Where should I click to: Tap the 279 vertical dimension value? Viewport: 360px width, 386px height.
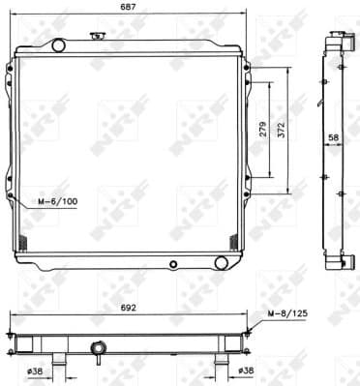263,133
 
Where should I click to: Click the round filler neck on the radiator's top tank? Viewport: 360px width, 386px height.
57,45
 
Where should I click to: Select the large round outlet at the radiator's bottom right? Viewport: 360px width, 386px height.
222,263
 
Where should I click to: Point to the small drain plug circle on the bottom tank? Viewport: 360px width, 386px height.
173,263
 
